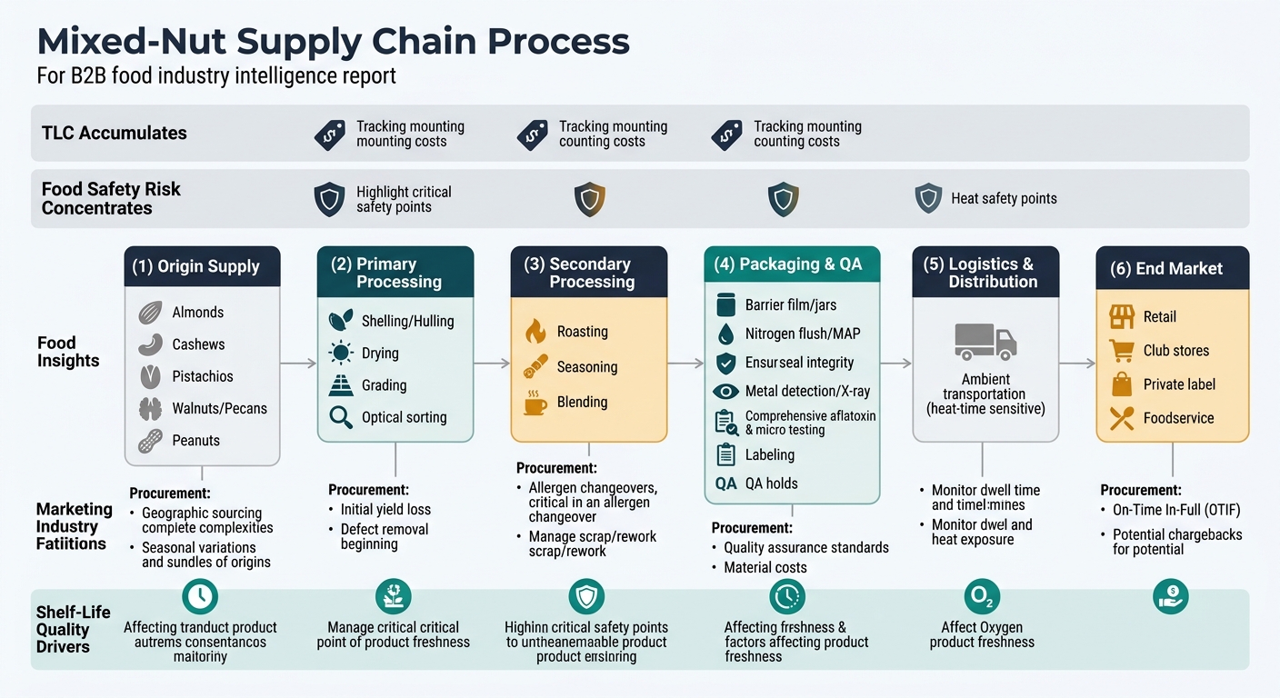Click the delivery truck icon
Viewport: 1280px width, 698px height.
tap(985, 341)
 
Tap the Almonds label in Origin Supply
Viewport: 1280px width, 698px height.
tap(197, 313)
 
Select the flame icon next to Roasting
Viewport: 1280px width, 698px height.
tap(536, 332)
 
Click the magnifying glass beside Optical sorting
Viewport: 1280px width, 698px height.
tap(341, 417)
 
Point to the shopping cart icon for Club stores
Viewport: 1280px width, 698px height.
tap(1122, 351)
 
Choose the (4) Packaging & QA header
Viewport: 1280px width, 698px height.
tap(791, 264)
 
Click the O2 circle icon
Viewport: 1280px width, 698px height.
tap(982, 597)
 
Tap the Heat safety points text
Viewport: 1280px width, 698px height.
tap(1004, 198)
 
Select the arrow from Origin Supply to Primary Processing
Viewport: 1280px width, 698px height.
tap(298, 364)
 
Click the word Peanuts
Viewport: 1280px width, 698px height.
tap(195, 441)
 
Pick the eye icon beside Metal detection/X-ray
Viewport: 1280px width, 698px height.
tap(725, 392)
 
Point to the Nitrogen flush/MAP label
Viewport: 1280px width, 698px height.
tap(802, 334)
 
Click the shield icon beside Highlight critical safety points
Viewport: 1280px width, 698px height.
tap(329, 199)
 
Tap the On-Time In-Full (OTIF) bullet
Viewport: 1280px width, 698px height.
tap(1175, 510)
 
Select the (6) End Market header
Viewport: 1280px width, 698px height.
tap(1172, 269)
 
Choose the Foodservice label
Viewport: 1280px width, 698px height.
tap(1178, 418)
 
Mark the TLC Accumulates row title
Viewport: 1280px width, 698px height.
tap(115, 133)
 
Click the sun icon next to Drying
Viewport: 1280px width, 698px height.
tap(341, 354)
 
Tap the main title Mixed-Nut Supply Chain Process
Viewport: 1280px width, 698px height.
tap(333, 42)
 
